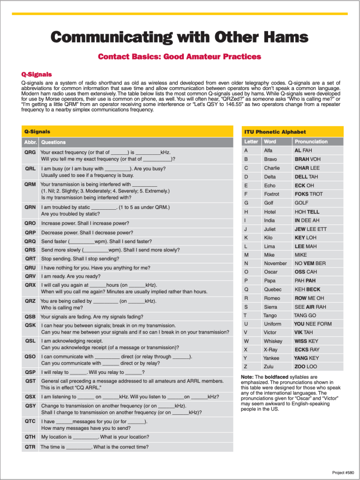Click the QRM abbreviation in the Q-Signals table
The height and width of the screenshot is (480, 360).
point(30,184)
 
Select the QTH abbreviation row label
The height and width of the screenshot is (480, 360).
point(30,437)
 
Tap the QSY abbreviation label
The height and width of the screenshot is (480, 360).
point(30,405)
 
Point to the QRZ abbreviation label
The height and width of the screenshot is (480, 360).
point(30,301)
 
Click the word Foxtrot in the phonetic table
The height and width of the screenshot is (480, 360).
point(271,194)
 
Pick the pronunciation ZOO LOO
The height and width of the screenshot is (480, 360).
point(306,366)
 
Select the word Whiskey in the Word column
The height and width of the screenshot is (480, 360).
point(273,341)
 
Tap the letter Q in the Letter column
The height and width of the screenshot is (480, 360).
point(246,289)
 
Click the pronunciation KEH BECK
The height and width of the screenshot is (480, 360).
point(307,289)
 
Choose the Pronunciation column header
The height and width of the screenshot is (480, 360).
point(311,141)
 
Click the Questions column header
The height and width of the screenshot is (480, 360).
point(53,142)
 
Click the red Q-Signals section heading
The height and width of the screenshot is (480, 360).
point(37,74)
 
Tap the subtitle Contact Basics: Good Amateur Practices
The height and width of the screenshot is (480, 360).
point(180,57)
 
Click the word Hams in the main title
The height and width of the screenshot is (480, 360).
point(281,37)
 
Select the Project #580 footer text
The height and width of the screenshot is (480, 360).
point(343,472)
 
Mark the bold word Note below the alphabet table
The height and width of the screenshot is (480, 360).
point(247,377)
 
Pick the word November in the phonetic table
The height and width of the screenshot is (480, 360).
point(275,263)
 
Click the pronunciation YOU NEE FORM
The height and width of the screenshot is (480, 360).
point(313,324)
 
